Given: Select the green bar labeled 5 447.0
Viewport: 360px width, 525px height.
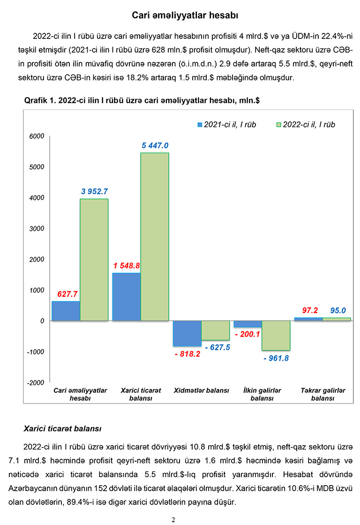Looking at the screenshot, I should [x=155, y=236].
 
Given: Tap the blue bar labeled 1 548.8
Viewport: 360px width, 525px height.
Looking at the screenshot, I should [x=127, y=297].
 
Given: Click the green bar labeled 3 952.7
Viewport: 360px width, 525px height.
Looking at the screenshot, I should [x=94, y=259].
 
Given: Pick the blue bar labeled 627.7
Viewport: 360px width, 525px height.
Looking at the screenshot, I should [x=66, y=311].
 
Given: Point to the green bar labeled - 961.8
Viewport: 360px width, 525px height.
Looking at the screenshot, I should [x=276, y=335].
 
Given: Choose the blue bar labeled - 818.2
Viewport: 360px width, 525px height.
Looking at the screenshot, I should [x=187, y=333].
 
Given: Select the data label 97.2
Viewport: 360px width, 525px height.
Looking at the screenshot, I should [x=309, y=310].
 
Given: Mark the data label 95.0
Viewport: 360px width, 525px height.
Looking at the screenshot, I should [x=337, y=310].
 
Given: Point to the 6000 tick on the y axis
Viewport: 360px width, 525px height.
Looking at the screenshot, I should [x=37, y=137].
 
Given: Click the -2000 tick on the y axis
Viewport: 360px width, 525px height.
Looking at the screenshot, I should [x=37, y=383].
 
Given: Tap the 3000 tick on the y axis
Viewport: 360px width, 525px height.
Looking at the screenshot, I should [x=37, y=229].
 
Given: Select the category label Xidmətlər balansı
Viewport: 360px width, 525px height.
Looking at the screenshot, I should [x=201, y=390].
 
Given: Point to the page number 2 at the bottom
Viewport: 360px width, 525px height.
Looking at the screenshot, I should [x=173, y=519].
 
